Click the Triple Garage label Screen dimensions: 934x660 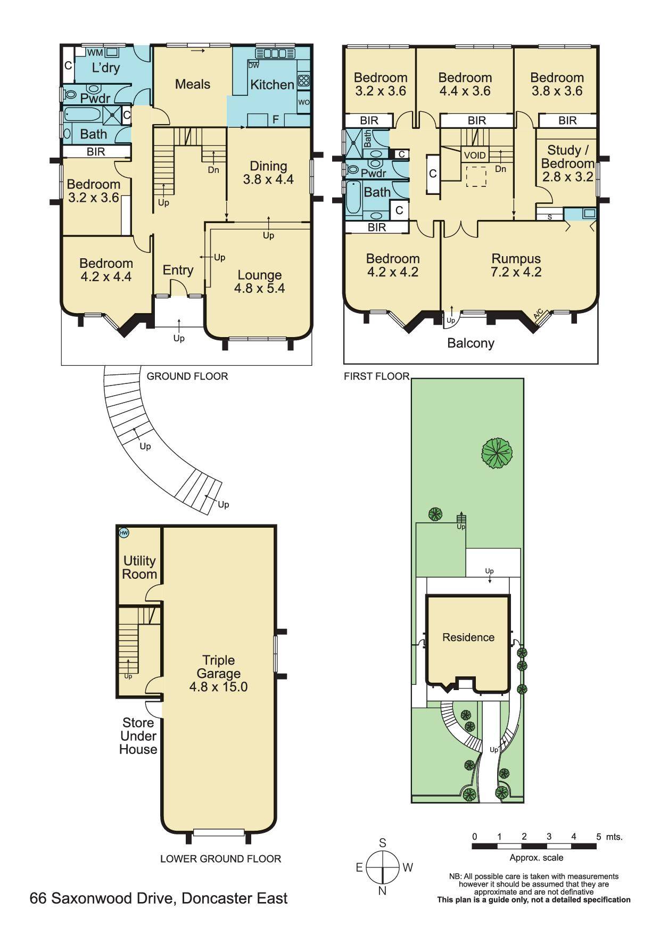(x=218, y=673)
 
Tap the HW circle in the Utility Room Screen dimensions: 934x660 (x=123, y=532)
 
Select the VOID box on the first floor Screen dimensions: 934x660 (x=475, y=155)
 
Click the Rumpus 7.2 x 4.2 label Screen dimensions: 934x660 (x=516, y=265)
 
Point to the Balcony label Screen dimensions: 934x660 (x=471, y=343)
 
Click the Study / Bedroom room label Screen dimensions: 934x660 (x=567, y=163)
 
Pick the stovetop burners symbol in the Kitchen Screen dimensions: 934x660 (x=303, y=81)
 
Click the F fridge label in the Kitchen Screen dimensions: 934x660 (x=275, y=120)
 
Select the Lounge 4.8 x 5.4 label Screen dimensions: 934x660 (x=260, y=282)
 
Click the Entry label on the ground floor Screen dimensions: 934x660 (x=178, y=270)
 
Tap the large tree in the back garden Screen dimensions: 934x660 (x=497, y=453)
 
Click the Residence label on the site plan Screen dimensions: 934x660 (x=468, y=637)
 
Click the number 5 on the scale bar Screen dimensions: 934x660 (x=598, y=837)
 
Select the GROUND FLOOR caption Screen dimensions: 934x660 (x=187, y=376)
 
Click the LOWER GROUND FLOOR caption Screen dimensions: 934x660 (x=220, y=858)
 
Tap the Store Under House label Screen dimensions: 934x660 (x=138, y=736)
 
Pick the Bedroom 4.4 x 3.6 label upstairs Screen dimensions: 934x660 (x=465, y=84)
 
